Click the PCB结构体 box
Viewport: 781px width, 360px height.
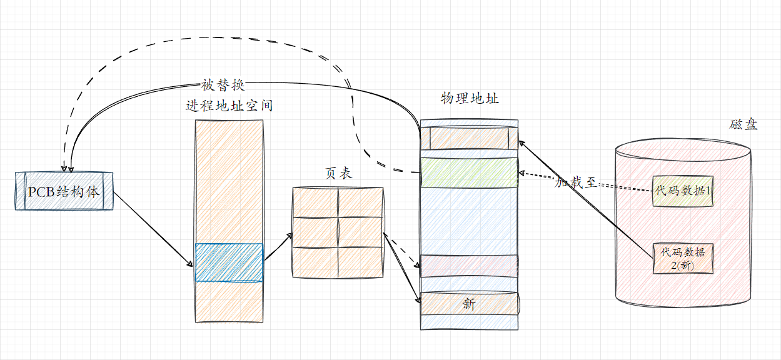[x=64, y=191]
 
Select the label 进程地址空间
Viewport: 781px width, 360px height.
[x=229, y=106]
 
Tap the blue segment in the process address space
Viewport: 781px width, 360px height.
[x=229, y=262]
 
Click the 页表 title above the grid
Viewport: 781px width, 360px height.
[x=338, y=174]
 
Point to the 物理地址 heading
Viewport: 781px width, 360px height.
[x=470, y=98]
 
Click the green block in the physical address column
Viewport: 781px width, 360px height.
[x=469, y=172]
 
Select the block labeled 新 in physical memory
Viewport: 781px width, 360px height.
[x=469, y=304]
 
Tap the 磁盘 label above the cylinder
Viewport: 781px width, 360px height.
[x=743, y=124]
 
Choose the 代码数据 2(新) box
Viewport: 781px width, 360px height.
[x=683, y=259]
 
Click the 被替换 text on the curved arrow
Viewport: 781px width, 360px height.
[x=223, y=85]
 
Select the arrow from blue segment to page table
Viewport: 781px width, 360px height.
[x=278, y=247]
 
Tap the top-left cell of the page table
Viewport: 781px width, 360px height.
[x=315, y=202]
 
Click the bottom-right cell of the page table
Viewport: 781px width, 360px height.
[x=361, y=262]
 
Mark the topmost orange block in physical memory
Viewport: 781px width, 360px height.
[x=469, y=137]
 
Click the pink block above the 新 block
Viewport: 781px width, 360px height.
[x=469, y=266]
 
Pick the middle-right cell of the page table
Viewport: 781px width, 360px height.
[x=361, y=232]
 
